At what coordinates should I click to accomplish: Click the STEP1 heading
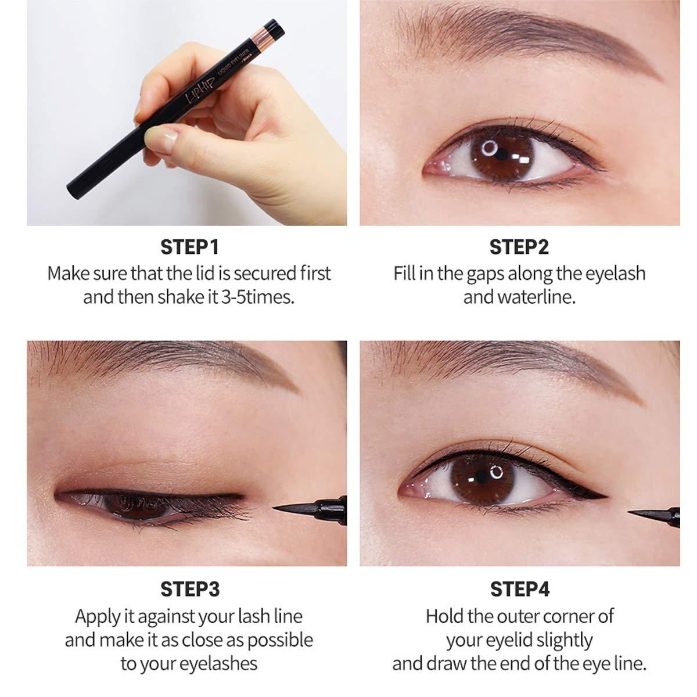point(189,247)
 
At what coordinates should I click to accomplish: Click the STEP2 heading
point(519,247)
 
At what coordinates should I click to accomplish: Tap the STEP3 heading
point(189,589)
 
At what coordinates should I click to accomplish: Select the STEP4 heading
point(519,589)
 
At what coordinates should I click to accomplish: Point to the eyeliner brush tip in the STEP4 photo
point(645,513)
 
